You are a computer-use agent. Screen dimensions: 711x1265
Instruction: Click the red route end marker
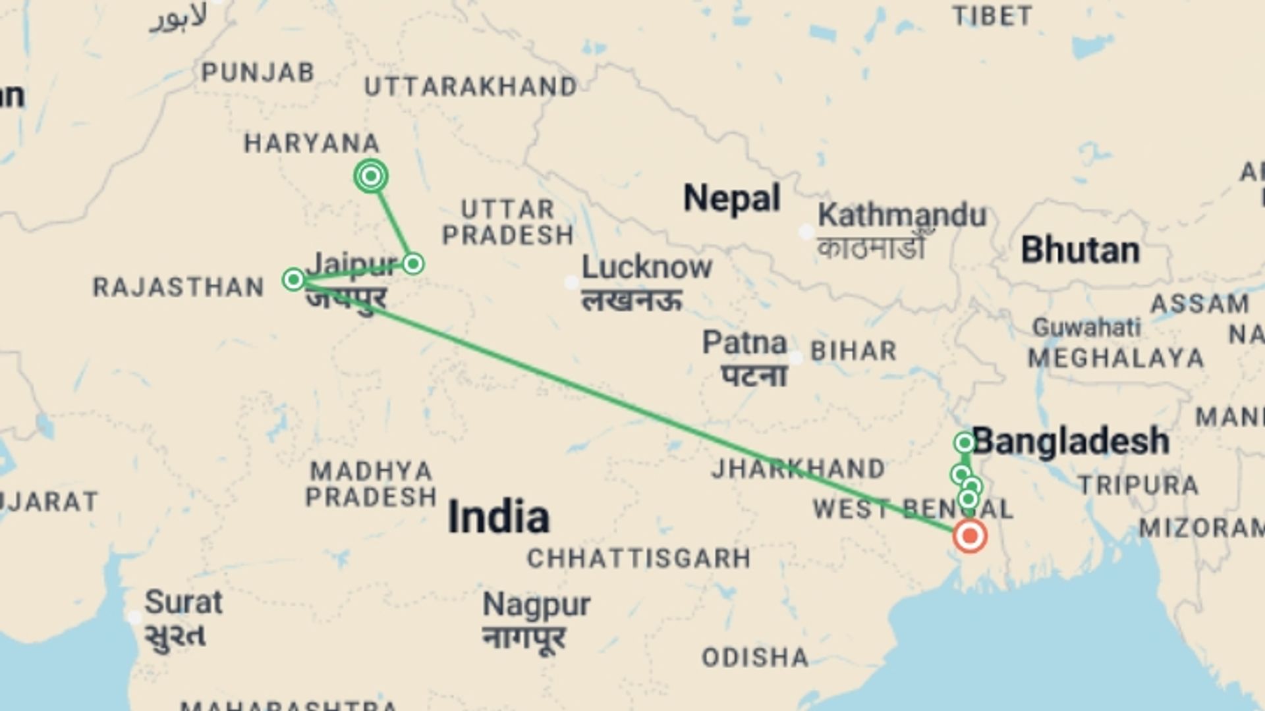(969, 535)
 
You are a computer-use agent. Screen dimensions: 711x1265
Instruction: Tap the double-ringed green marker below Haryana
(371, 176)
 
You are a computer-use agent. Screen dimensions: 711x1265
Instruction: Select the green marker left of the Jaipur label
(293, 279)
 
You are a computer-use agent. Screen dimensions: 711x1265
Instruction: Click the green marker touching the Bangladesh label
(965, 442)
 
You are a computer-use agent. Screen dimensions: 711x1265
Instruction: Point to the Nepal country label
(731, 197)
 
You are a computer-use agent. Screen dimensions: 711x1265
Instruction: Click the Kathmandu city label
(901, 215)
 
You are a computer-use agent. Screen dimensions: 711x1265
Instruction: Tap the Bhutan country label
(1080, 250)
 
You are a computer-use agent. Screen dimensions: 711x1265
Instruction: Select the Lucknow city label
(646, 267)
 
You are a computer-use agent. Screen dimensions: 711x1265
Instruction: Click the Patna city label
(745, 343)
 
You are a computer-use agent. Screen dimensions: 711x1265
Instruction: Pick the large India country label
(498, 517)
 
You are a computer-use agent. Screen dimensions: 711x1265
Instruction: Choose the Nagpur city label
(536, 604)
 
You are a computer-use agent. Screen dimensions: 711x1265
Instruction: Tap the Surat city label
(183, 602)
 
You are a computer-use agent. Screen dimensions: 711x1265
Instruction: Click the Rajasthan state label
(178, 287)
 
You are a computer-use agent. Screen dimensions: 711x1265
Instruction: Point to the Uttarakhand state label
(470, 87)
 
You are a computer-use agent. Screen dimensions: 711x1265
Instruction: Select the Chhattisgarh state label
(638, 559)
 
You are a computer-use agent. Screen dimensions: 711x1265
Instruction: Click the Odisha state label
(755, 657)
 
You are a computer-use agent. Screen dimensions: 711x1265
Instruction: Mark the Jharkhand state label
(798, 469)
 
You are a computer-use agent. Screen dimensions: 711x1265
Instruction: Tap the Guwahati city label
(1086, 327)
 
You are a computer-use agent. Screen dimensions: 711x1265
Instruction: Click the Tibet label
(992, 16)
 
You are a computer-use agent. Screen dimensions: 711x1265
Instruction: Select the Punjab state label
(258, 72)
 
